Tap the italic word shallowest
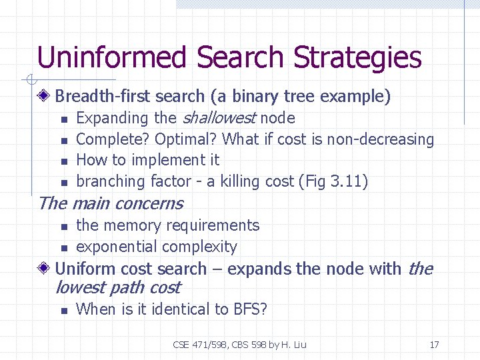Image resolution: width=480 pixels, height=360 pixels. tap(219, 118)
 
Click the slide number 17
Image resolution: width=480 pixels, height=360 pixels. tap(434, 345)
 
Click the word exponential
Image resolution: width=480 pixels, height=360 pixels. tap(115, 247)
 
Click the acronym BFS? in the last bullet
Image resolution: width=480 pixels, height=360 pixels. tap(250, 309)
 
